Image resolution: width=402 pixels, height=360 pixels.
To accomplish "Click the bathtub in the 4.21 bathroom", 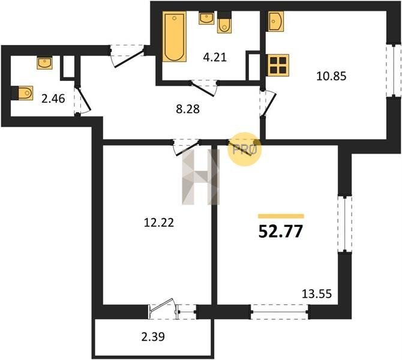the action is [x=175, y=37].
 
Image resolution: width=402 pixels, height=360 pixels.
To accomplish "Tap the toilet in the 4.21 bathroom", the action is [x=224, y=23].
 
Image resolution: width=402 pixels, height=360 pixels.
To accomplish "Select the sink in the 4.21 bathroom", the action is [x=206, y=18].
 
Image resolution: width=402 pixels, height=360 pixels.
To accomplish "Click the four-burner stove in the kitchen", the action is [x=278, y=65].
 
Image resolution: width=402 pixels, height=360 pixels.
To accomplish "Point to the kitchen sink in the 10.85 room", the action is [x=275, y=21].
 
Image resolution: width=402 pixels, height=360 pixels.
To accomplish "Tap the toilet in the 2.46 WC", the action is [x=22, y=93].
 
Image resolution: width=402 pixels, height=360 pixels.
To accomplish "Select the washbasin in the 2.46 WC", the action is [x=44, y=63].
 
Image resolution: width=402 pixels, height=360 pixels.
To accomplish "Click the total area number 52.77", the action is [x=281, y=232].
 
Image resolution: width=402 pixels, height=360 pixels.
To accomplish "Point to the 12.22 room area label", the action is [x=159, y=223].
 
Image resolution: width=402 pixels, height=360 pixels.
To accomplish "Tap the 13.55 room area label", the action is [x=317, y=294].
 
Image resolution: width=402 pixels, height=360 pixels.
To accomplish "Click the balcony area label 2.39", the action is [x=153, y=337].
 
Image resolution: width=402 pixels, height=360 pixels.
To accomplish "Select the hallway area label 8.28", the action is [x=188, y=109].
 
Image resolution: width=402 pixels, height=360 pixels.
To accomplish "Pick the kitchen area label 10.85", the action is [x=331, y=76].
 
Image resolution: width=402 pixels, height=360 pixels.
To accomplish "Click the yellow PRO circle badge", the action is [x=244, y=149].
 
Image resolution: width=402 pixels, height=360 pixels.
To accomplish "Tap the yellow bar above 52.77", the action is [x=281, y=216].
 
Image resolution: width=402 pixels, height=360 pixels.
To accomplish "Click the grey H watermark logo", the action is [x=201, y=177].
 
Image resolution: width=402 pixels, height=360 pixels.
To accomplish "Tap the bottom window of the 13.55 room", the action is [x=280, y=312].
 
